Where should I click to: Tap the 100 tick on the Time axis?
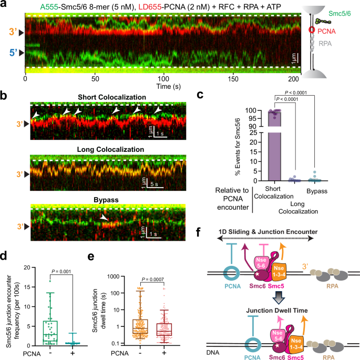[x=164, y=78]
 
